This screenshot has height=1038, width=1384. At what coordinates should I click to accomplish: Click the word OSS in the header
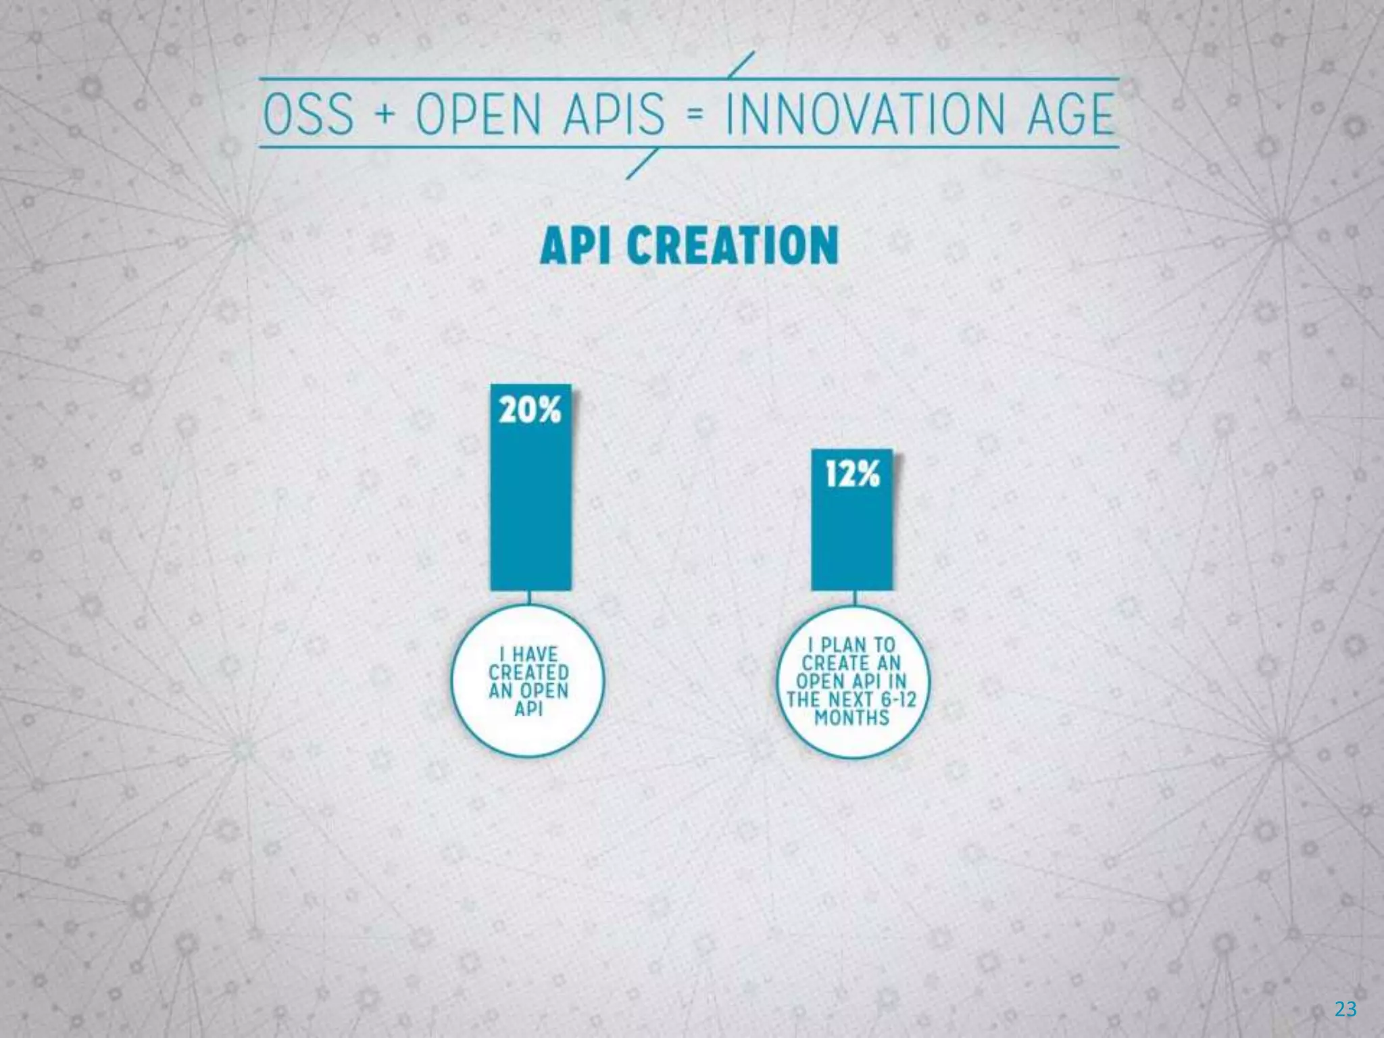(308, 114)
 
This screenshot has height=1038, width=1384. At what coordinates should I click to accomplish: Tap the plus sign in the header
(384, 114)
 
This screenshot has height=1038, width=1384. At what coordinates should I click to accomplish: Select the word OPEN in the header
(478, 114)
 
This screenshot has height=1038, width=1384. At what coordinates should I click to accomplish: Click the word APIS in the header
(607, 114)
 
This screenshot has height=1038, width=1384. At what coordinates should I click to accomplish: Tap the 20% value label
(530, 410)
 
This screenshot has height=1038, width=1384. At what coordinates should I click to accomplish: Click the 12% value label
(852, 474)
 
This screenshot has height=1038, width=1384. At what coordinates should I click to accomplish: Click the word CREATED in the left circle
(529, 673)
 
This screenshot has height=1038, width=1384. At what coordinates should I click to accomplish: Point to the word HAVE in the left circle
(535, 655)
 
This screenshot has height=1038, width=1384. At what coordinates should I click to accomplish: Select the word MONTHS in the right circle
(851, 718)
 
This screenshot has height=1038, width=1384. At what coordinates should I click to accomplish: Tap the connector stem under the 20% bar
(530, 597)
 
